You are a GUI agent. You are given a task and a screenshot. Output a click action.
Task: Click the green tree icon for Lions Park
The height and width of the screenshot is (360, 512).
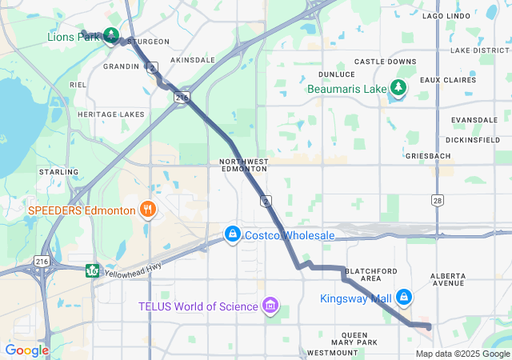click(x=111, y=35)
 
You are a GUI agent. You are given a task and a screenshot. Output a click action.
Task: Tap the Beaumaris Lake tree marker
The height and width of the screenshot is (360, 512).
click(x=398, y=88)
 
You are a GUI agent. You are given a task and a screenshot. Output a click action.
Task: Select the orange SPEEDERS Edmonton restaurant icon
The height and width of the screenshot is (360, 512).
click(x=146, y=210)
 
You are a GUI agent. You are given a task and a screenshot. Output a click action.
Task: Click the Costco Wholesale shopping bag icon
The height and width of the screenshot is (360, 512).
click(x=232, y=234)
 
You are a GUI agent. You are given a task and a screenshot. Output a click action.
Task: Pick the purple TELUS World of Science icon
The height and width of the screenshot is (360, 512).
click(x=270, y=306)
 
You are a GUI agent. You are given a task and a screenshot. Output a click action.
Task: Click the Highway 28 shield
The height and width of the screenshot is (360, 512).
click(x=437, y=199)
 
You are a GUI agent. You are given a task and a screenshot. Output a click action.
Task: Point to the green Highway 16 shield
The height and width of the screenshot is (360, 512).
click(x=93, y=269)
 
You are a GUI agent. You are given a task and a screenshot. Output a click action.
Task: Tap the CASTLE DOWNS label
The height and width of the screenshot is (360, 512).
click(x=386, y=62)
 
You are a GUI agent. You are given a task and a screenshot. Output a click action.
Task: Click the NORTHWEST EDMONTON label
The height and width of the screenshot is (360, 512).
click(x=243, y=166)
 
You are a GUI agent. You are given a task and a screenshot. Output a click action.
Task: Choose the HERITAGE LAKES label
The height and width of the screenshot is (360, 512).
click(x=110, y=114)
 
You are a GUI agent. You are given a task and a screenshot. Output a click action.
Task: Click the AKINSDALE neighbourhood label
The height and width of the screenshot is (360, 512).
click(x=192, y=60)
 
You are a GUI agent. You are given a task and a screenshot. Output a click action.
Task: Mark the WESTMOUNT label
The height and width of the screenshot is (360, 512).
click(x=326, y=353)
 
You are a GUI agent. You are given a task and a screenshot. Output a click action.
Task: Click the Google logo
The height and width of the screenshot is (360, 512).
click(x=26, y=350)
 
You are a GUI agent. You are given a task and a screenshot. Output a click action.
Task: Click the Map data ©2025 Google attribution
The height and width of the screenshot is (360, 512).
click(x=462, y=354)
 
